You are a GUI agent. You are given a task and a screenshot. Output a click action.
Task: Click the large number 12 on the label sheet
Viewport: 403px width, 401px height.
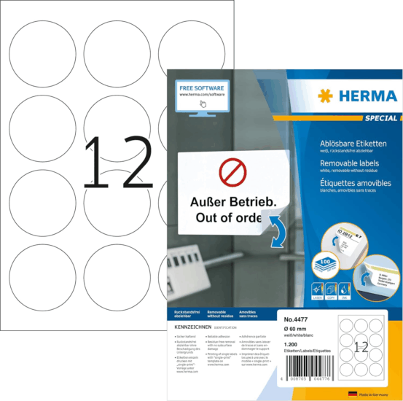click(117, 161)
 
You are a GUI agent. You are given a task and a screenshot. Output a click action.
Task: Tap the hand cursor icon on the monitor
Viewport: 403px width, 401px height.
click(203, 104)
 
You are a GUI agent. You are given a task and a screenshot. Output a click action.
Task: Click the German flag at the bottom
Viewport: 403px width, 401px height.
click(353, 393)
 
